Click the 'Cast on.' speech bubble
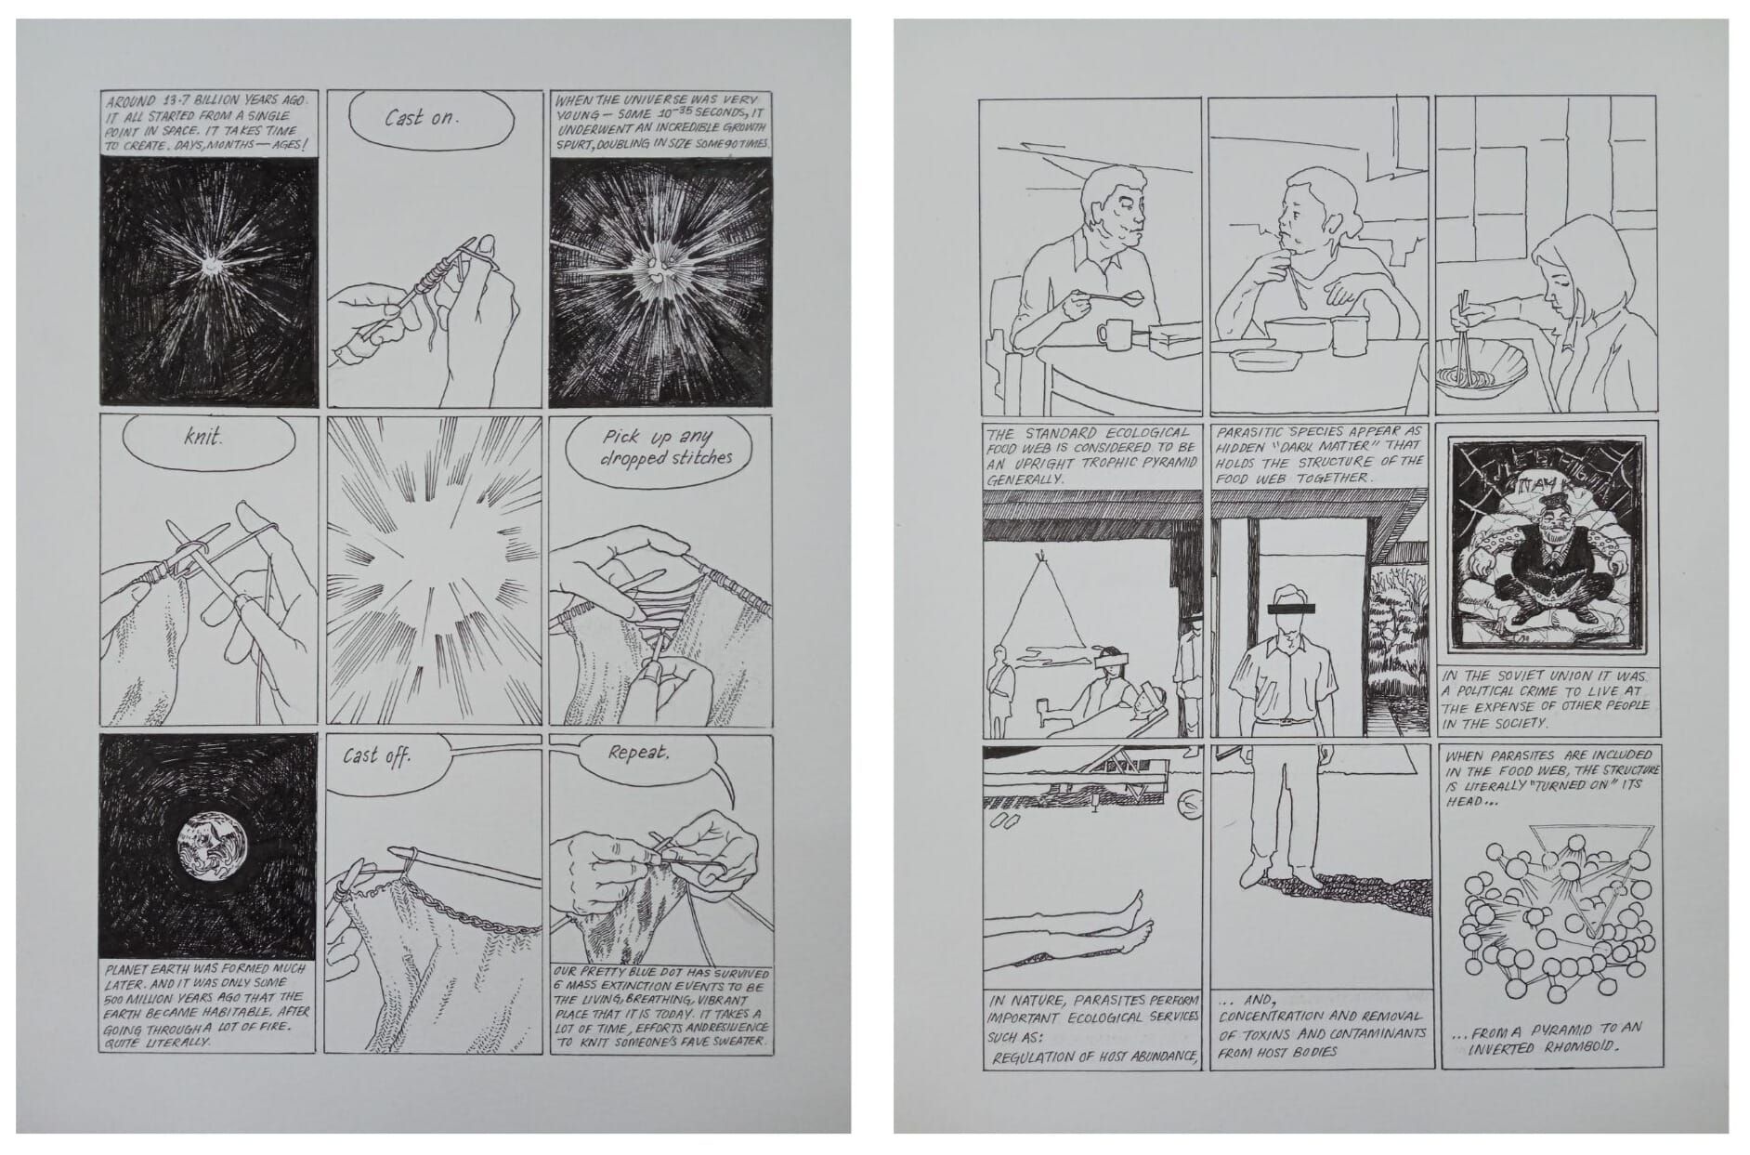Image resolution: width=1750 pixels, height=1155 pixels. tap(432, 118)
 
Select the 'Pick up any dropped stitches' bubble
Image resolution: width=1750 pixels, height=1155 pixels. tap(665, 447)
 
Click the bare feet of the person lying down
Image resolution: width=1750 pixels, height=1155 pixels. tap(1133, 913)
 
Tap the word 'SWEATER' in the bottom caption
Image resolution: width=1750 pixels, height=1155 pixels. tap(736, 1041)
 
